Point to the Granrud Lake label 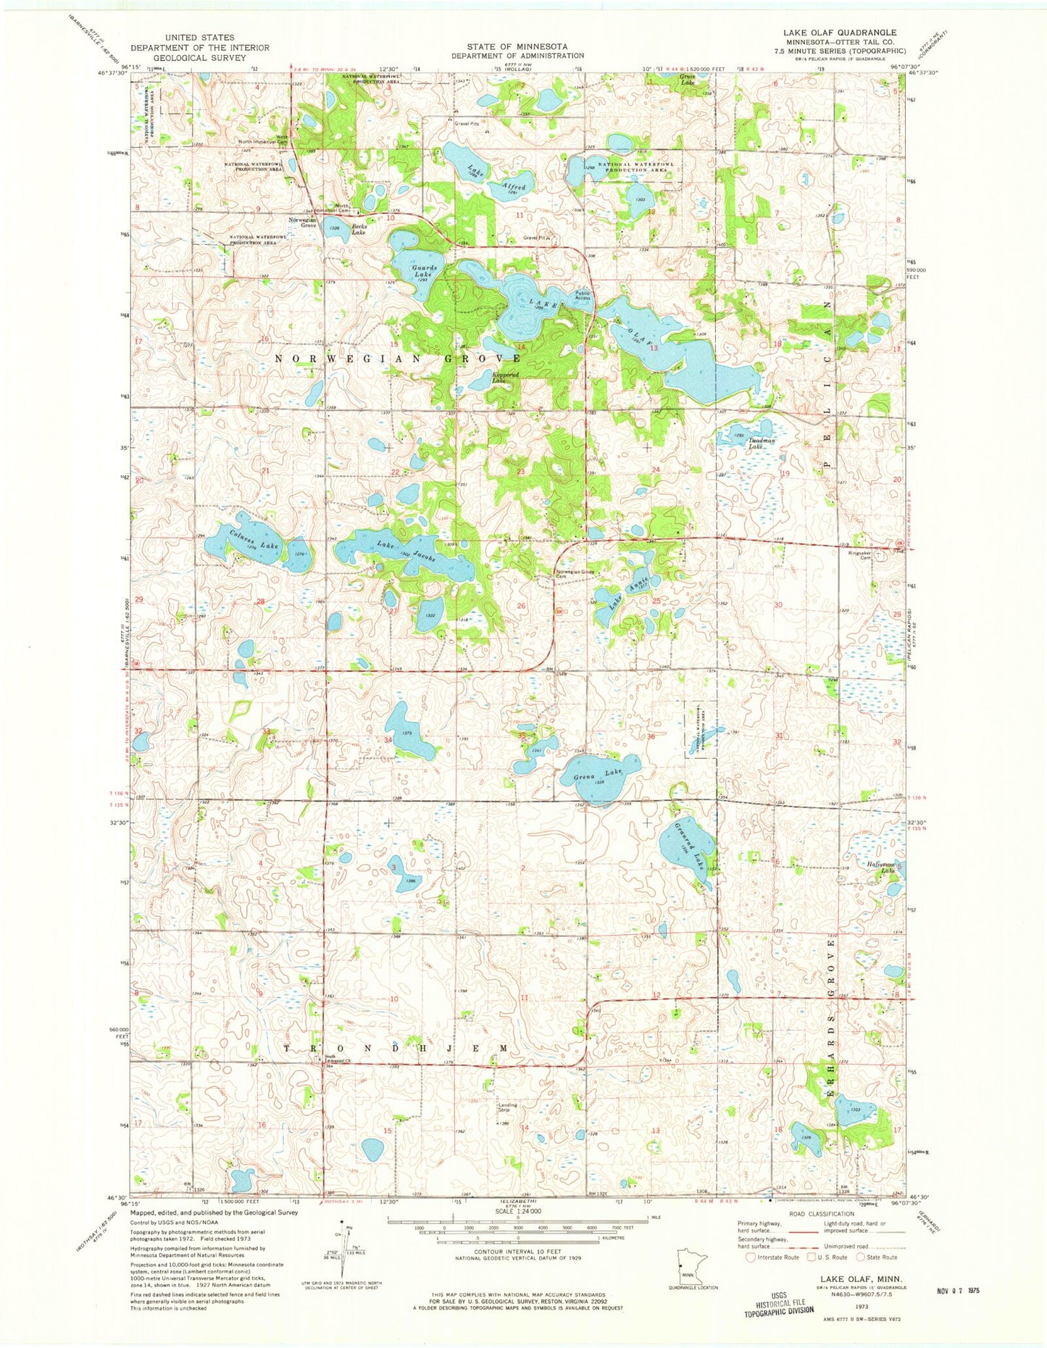(x=689, y=845)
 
